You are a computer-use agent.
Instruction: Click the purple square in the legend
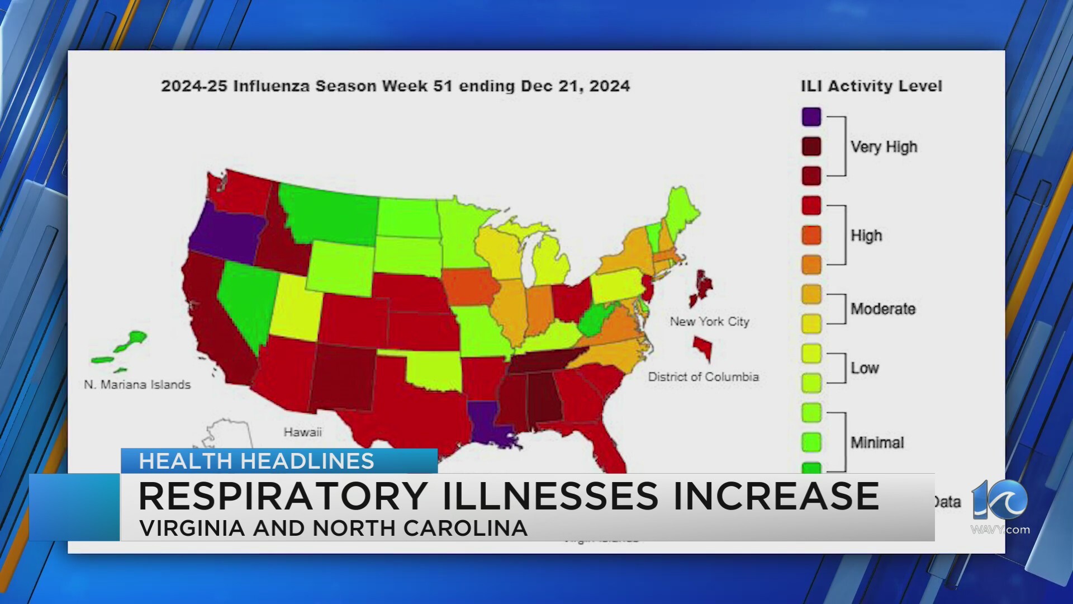click(x=811, y=117)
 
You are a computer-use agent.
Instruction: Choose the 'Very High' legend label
click(x=884, y=147)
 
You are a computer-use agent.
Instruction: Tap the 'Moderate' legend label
click(x=883, y=309)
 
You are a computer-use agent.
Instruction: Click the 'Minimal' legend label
click(x=877, y=442)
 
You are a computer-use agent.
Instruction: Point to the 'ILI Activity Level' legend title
click(x=871, y=86)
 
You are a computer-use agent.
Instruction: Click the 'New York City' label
click(x=709, y=322)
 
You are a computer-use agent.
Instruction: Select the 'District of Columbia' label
click(x=703, y=377)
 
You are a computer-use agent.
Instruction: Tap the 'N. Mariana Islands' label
click(x=137, y=385)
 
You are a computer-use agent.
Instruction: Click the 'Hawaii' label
click(x=302, y=432)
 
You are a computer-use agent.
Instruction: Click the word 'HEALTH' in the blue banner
click(x=186, y=461)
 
